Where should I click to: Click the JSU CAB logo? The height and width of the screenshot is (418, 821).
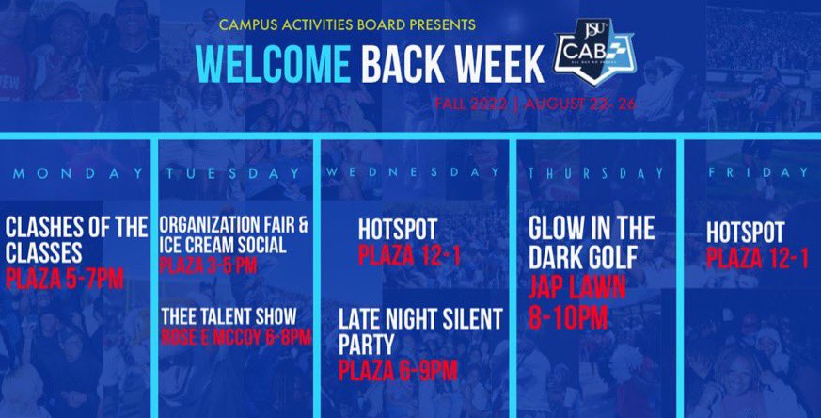(593, 58)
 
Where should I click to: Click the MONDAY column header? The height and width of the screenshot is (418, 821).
(77, 173)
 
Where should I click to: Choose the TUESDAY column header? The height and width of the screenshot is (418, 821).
(233, 173)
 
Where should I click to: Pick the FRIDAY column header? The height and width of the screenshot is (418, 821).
(758, 173)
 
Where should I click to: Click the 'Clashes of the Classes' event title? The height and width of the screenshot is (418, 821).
(76, 239)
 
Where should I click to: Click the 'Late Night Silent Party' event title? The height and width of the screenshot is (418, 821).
(420, 330)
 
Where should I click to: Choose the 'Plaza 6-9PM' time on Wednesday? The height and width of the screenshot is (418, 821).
(398, 370)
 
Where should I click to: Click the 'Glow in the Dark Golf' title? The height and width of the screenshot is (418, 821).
(591, 241)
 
